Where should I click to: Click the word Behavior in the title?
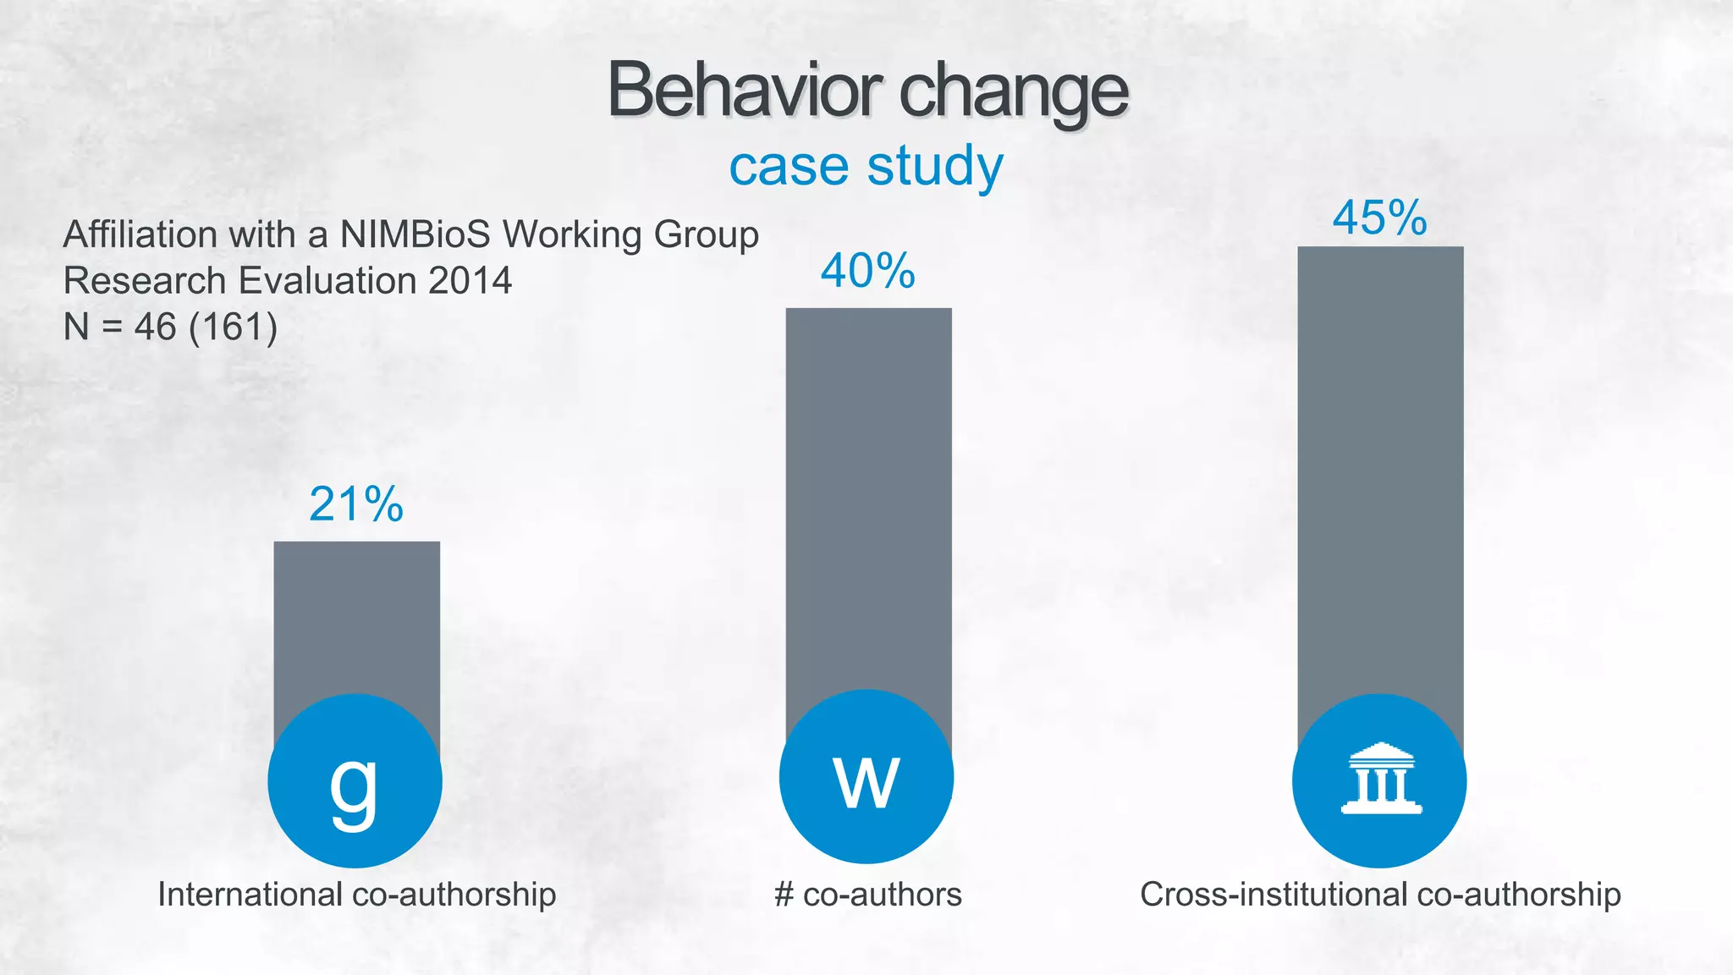[x=745, y=91]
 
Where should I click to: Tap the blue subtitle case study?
[x=866, y=166]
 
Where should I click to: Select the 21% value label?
[x=356, y=504]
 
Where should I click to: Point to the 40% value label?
[x=868, y=271]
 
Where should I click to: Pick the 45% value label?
[x=1379, y=218]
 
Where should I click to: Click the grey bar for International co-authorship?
[x=356, y=618]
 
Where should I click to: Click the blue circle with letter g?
[x=355, y=780]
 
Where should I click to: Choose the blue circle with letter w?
[x=866, y=777]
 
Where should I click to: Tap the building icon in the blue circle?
[x=1380, y=779]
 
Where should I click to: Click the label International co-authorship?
[x=356, y=895]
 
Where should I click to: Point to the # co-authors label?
[x=868, y=895]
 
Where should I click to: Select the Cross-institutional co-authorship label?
[x=1380, y=895]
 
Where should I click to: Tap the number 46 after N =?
[x=155, y=327]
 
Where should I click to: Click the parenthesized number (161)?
[x=234, y=327]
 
